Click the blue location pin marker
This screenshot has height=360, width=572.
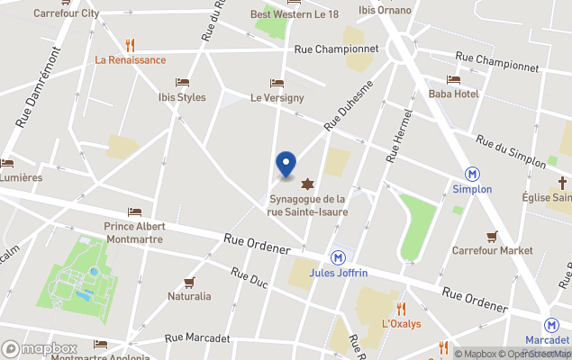[x=286, y=163]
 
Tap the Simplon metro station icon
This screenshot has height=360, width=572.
[x=471, y=174]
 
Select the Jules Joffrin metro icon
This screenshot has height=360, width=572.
[x=337, y=256]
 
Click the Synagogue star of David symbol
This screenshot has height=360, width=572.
[x=311, y=184]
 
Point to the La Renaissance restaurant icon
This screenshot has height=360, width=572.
[x=131, y=45]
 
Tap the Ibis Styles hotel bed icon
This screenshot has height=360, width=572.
[x=183, y=82]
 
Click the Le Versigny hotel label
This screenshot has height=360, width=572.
[x=277, y=97]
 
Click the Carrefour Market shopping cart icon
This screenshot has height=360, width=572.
[x=492, y=236]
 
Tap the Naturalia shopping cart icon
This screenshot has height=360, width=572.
[x=189, y=282]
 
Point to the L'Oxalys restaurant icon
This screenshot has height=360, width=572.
[x=401, y=309]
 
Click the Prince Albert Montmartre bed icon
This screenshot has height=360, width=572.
[x=134, y=211]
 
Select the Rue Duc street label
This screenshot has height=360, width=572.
[x=249, y=280]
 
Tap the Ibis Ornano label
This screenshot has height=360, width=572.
[x=385, y=10]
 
